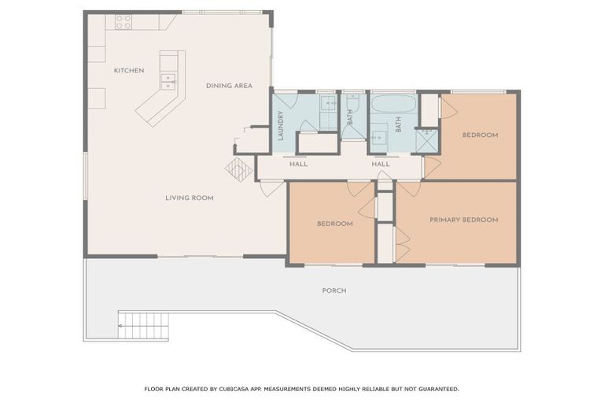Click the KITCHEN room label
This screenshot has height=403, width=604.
pos(129,71)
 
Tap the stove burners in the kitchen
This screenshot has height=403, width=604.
pos(123,22)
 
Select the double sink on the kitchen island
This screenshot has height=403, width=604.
pos(169,78)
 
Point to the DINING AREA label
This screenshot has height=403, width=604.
pos(229,85)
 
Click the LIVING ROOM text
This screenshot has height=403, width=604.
pos(189,198)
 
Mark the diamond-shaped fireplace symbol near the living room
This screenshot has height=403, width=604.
pos(238,169)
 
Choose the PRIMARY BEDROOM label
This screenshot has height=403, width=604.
pos(463,220)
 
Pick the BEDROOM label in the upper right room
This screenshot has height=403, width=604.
pos(480,135)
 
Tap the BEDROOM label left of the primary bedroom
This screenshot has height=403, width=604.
pos(334,224)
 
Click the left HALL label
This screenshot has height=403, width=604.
pos(298,165)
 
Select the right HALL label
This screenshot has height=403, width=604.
pos(381,165)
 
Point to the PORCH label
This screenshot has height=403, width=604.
pos(334,290)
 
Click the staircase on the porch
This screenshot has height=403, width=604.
pos(143,325)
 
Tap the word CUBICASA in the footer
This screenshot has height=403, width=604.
pos(237,389)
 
